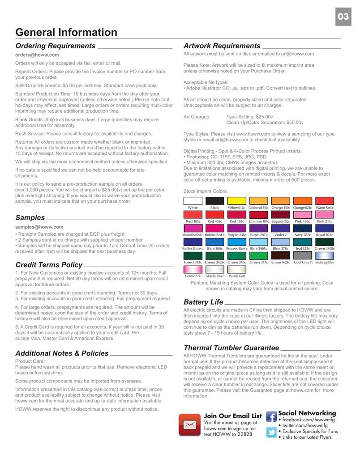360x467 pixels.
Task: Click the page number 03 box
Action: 343,17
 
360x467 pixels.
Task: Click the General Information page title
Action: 66,32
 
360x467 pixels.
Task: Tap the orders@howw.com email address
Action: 37,55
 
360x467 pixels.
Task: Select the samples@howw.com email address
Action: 39,227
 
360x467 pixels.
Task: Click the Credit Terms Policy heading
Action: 49,265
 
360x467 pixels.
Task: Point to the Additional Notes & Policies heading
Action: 62,353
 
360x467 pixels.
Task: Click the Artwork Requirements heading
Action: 222,46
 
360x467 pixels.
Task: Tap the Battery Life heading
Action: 203,302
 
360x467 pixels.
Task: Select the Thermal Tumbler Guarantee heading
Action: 231,348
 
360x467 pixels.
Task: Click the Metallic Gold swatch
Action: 236,269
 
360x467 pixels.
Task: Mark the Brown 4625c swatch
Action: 280,255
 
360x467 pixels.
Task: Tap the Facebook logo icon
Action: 271,416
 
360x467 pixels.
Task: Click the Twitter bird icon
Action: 271,432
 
